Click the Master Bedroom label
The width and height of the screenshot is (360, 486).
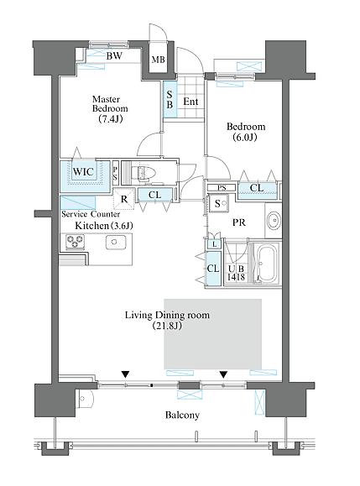110,108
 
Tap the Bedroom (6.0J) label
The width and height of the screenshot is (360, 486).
246,132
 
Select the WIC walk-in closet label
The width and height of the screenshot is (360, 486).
83,171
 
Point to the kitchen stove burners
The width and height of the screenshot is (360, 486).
76,242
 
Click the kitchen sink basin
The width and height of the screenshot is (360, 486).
116,243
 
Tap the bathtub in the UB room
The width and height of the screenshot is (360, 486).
266,264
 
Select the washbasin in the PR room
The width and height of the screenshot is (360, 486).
274,220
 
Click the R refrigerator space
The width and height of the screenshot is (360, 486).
124,199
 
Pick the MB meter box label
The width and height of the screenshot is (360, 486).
158,60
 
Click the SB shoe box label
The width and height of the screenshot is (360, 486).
170,100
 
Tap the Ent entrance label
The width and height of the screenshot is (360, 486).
190,102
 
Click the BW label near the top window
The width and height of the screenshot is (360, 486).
114,55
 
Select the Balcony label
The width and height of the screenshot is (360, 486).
182,415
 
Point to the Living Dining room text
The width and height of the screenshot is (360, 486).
167,316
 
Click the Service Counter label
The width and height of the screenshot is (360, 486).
91,214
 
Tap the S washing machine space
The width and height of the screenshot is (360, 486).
218,203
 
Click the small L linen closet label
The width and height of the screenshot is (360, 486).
214,244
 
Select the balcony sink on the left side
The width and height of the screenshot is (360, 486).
83,398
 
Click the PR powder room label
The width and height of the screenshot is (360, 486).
239,222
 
